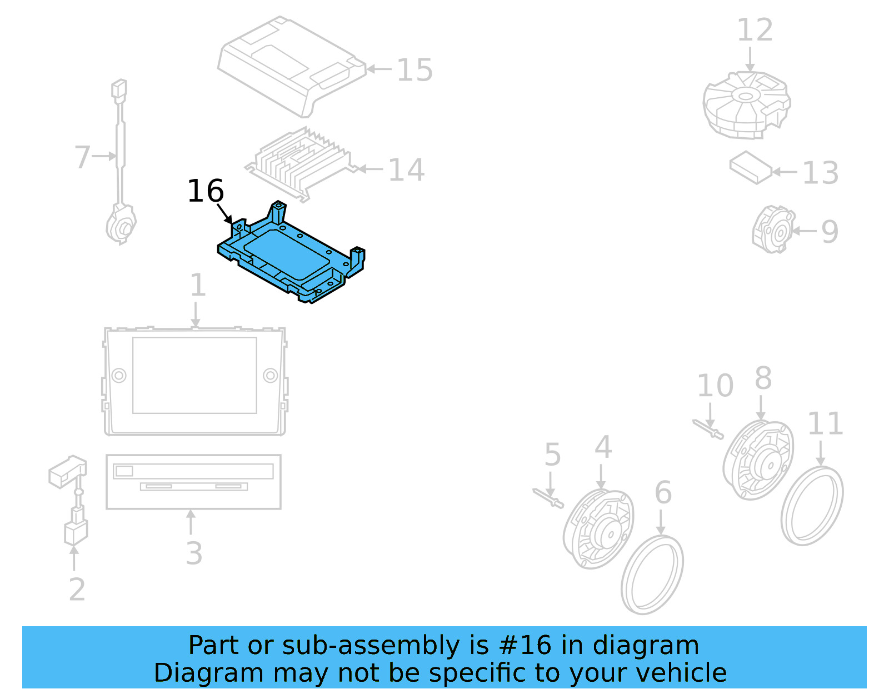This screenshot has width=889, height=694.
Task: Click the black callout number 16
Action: [206, 191]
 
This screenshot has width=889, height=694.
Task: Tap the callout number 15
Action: [414, 71]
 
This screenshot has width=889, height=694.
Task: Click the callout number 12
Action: [755, 31]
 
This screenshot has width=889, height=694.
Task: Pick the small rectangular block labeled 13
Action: [750, 167]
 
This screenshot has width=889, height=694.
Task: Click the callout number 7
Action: [82, 157]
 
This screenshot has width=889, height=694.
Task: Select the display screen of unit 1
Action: [194, 375]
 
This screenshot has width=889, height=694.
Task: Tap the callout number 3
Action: [193, 553]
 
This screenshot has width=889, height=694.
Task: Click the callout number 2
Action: [77, 590]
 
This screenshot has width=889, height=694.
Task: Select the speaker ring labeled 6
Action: [652, 575]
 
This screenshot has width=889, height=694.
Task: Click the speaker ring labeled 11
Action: [812, 506]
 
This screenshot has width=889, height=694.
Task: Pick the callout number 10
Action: [715, 386]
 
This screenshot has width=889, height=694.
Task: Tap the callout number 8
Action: [763, 378]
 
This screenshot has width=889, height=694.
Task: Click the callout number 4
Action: [603, 447]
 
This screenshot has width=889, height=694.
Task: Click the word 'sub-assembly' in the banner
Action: [370, 646]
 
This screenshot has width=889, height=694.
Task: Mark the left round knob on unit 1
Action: [119, 376]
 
